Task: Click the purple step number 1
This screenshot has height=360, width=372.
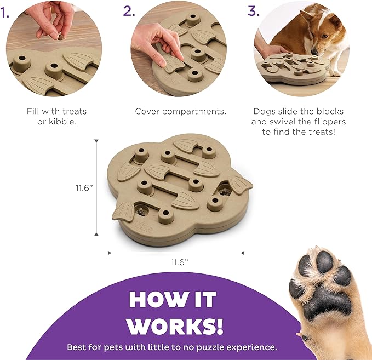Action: coord(4,13)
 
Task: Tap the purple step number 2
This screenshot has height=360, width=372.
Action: coord(129,11)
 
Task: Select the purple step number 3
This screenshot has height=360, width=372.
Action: coord(254,11)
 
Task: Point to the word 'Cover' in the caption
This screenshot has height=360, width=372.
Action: coord(147,111)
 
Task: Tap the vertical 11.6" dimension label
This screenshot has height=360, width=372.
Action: coord(84,188)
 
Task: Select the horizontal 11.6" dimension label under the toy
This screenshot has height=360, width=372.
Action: coord(180,262)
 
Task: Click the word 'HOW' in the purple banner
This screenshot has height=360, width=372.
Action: coord(151,300)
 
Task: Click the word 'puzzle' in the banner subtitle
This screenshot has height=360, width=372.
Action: coord(204,347)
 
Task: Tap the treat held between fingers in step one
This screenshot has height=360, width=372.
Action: coord(61,37)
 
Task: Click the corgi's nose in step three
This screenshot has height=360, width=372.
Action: coord(314,52)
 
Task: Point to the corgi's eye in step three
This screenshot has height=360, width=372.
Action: coord(324,36)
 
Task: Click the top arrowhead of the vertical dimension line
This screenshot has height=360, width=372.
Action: coord(96,141)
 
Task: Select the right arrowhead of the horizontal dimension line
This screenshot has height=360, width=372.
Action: coord(243,253)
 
